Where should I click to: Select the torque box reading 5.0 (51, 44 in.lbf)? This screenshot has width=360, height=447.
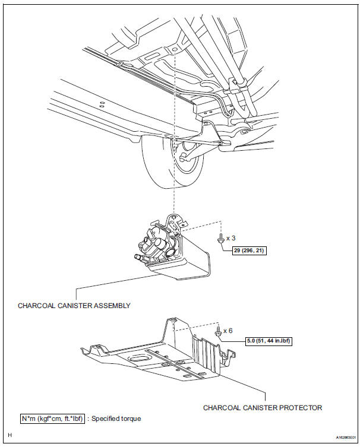click(x=269, y=341)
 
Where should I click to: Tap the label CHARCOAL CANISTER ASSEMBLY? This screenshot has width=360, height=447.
click(x=74, y=306)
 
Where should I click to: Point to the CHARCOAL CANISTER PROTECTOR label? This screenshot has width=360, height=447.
click(x=263, y=408)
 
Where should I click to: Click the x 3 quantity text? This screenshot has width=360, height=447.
click(x=231, y=238)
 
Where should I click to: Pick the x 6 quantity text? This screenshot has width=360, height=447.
click(x=228, y=331)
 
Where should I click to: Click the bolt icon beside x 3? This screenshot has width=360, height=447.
click(x=220, y=239)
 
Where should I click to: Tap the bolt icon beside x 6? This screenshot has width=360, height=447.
click(x=218, y=331)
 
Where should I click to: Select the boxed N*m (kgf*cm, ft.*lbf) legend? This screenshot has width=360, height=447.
click(x=52, y=419)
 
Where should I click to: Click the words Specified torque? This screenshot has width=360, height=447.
click(x=116, y=419)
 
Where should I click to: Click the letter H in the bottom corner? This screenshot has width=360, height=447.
click(x=10, y=435)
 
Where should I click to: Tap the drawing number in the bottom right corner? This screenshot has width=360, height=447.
click(x=346, y=438)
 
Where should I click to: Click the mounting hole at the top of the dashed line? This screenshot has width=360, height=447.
click(x=175, y=50)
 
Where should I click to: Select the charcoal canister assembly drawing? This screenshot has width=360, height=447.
click(x=173, y=246)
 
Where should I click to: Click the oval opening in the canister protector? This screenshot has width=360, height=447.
click(x=138, y=359)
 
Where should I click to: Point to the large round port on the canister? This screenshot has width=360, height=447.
click(x=172, y=252)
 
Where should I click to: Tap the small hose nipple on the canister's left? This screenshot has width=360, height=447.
click(x=138, y=258)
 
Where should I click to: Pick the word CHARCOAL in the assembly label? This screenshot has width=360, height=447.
click(x=36, y=306)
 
